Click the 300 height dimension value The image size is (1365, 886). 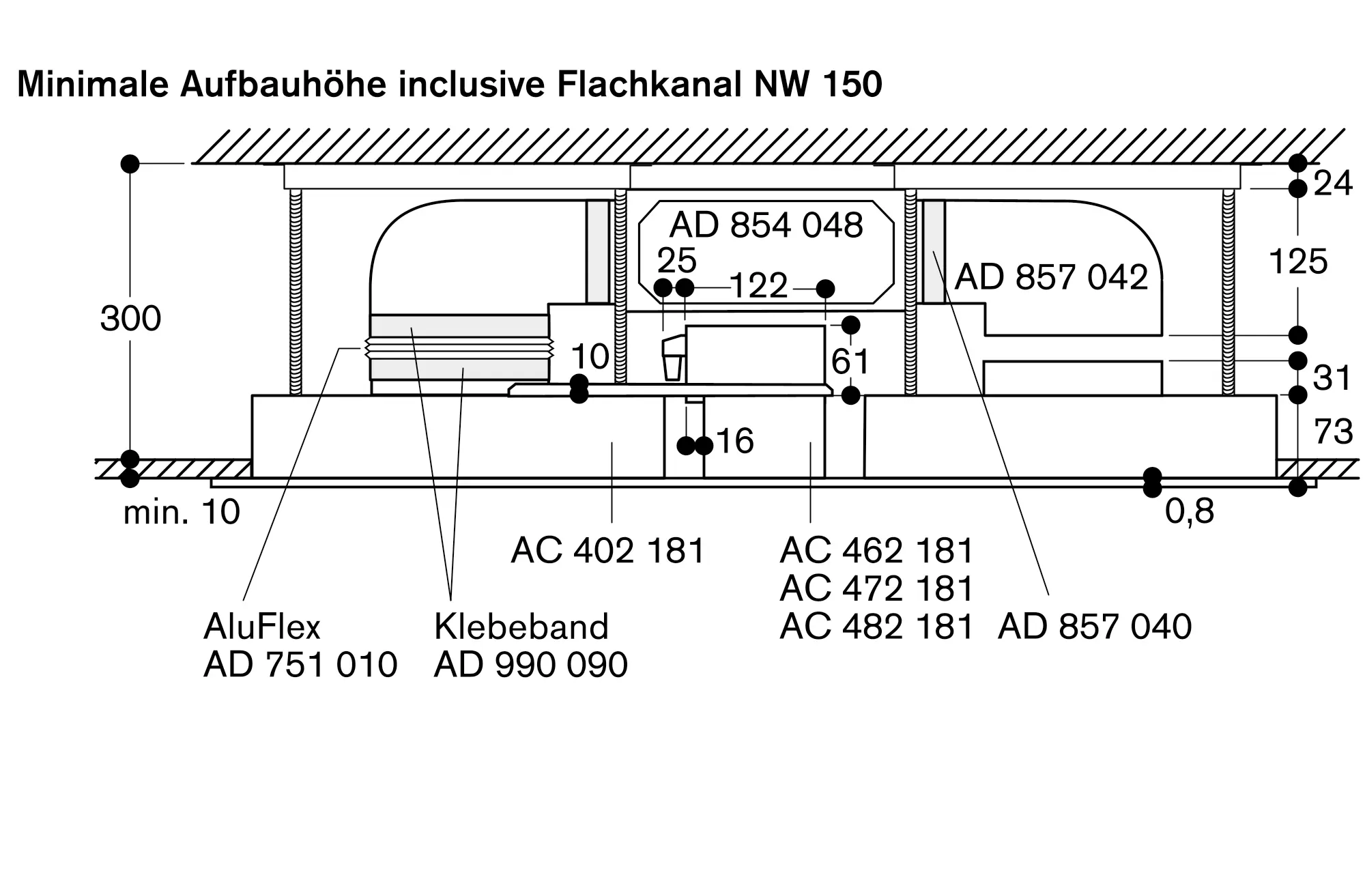click(x=130, y=319)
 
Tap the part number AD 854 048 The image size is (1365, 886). click(x=766, y=225)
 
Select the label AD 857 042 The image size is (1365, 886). click(x=1051, y=277)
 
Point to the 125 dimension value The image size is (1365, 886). click(x=1297, y=261)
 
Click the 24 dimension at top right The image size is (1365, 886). click(x=1332, y=184)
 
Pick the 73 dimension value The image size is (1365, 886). click(x=1333, y=431)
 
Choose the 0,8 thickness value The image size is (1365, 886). click(x=1189, y=511)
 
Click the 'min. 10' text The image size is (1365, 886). click(x=182, y=512)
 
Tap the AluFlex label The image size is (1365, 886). click(x=261, y=627)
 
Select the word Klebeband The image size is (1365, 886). click(x=521, y=627)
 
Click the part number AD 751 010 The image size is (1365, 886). click(x=300, y=665)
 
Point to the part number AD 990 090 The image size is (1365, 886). click(x=530, y=665)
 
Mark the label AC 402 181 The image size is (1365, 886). click(x=607, y=550)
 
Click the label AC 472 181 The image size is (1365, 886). click(x=876, y=588)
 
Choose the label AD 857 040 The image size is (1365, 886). click(x=1095, y=627)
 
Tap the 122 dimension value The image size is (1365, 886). click(x=758, y=285)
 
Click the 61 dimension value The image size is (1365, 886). click(x=850, y=361)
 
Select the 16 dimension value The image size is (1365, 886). click(x=734, y=441)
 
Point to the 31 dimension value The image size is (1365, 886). click(x=1332, y=377)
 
